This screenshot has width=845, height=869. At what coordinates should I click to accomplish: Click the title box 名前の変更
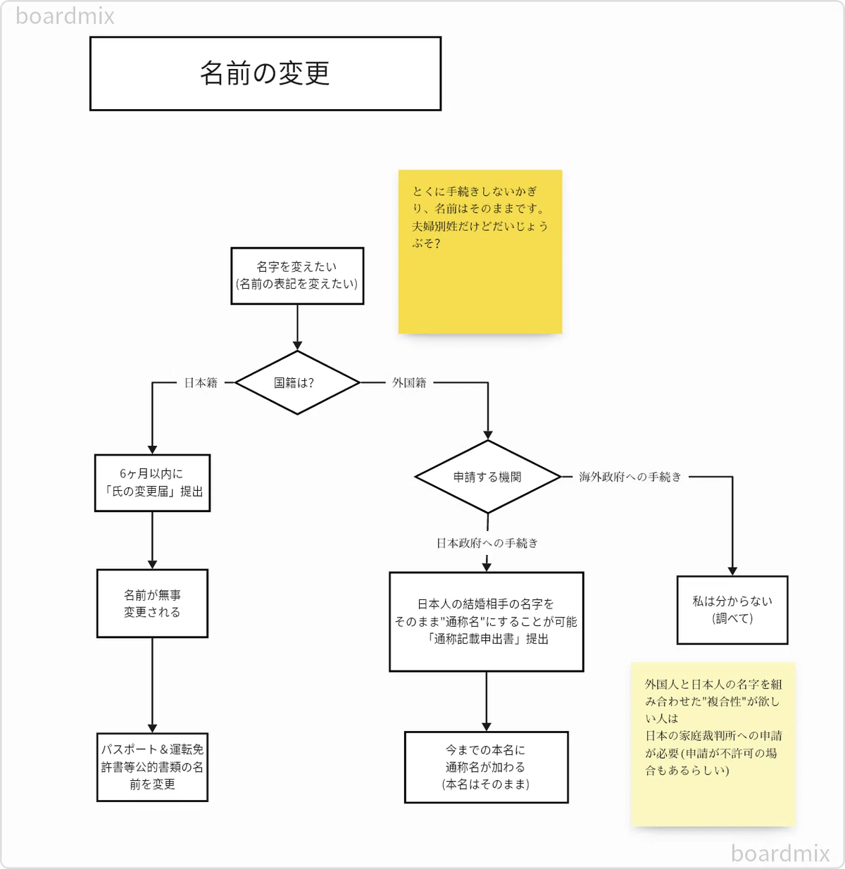click(265, 74)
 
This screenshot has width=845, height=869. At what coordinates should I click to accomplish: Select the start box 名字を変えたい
click(297, 276)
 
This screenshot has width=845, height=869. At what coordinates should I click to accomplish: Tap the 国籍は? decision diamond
click(297, 382)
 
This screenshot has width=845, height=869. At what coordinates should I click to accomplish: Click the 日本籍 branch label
click(201, 382)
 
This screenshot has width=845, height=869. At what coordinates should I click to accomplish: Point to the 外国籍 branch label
click(409, 382)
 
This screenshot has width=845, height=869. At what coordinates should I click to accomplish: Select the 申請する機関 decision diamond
click(488, 477)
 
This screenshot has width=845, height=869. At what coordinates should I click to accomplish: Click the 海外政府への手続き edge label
click(630, 477)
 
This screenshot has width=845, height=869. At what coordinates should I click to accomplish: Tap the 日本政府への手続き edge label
click(487, 543)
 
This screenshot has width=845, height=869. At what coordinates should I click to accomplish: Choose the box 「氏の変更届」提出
click(152, 482)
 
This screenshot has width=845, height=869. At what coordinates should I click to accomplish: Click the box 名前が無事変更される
click(152, 604)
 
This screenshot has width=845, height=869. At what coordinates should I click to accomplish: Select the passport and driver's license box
click(152, 767)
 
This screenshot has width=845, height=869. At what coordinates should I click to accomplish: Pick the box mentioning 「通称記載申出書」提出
click(487, 622)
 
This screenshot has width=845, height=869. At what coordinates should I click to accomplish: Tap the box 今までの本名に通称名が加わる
click(487, 767)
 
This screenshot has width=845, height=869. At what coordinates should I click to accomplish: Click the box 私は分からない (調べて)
click(732, 610)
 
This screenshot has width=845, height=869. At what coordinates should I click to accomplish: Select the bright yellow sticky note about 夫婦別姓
click(480, 251)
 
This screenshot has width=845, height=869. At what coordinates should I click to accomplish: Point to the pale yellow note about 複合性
click(713, 744)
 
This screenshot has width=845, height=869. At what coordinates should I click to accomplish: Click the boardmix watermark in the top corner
click(65, 16)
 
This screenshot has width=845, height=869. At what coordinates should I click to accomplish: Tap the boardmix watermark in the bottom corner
click(780, 854)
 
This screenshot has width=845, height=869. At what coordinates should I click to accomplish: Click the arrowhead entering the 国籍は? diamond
click(297, 346)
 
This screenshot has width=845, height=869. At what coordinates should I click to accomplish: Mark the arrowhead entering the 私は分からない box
click(732, 571)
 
